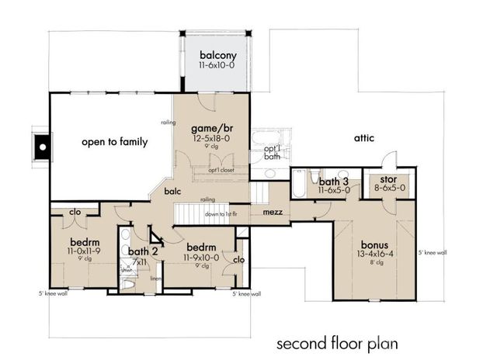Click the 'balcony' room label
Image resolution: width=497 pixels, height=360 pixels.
pyautogui.click(x=214, y=55)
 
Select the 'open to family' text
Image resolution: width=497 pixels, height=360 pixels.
pyautogui.click(x=115, y=142)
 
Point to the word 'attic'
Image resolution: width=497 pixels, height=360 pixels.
pyautogui.click(x=364, y=138)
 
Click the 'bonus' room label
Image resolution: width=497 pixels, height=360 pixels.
pyautogui.click(x=374, y=241)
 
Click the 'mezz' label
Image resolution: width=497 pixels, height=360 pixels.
pyautogui.click(x=272, y=211)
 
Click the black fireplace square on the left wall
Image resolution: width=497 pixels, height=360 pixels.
pyautogui.click(x=41, y=144)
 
